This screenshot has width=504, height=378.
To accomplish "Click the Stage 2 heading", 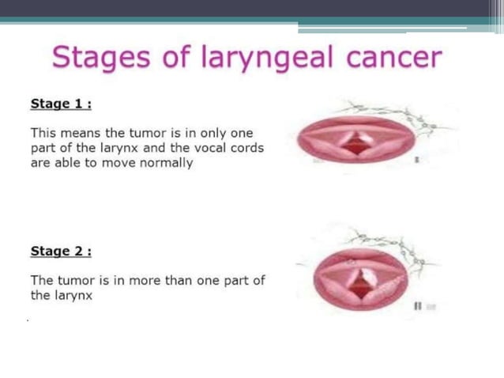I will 61,251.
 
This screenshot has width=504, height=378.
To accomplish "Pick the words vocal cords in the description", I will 229,149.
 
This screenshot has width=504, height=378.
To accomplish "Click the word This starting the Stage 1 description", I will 43,134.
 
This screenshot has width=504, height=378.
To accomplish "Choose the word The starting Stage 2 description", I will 42,281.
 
